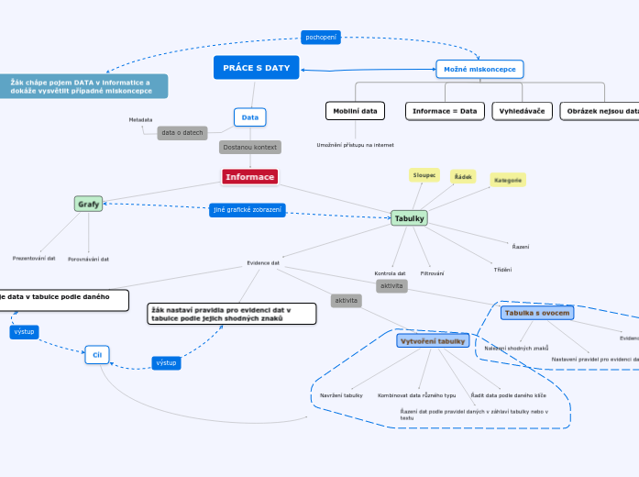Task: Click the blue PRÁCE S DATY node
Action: tap(256, 68)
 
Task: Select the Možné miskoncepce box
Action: tap(479, 69)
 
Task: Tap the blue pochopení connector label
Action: tap(321, 37)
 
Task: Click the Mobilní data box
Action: tap(355, 111)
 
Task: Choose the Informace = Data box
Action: tap(445, 111)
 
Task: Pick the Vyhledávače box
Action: tap(522, 111)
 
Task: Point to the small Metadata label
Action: tap(140, 119)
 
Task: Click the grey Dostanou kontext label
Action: tap(250, 147)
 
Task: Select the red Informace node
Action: tap(249, 176)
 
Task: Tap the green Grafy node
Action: tap(89, 204)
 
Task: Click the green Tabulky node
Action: tap(409, 218)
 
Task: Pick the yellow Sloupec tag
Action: tap(424, 174)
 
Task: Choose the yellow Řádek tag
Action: tap(463, 176)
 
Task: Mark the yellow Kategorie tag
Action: tap(508, 181)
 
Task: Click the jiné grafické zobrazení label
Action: tap(248, 210)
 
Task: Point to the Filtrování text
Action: tap(432, 273)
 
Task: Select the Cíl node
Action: tap(97, 354)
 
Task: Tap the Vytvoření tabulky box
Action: tap(433, 340)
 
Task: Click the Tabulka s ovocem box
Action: tap(537, 313)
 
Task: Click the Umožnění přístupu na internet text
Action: tap(355, 145)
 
